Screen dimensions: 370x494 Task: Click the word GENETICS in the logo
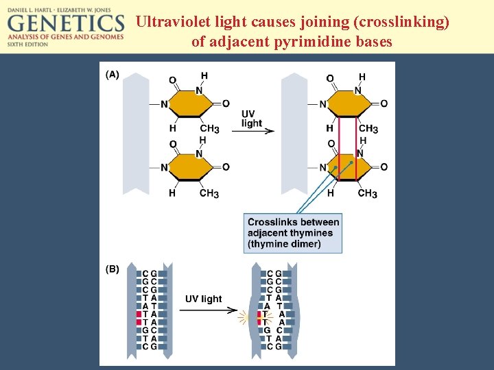[66, 23]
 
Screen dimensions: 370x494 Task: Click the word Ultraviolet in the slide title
[174, 22]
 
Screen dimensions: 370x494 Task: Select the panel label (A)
[112, 74]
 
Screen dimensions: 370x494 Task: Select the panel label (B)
[112, 269]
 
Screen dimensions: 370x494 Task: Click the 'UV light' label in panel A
[252, 119]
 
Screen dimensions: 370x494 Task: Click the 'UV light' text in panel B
[203, 299]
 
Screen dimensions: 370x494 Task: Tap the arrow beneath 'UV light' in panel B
[211, 310]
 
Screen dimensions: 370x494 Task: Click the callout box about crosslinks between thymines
[293, 233]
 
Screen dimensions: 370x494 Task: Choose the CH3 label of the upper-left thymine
[209, 129]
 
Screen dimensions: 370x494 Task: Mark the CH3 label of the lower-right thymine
[367, 194]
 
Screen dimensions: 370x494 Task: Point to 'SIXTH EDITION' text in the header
[27, 44]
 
